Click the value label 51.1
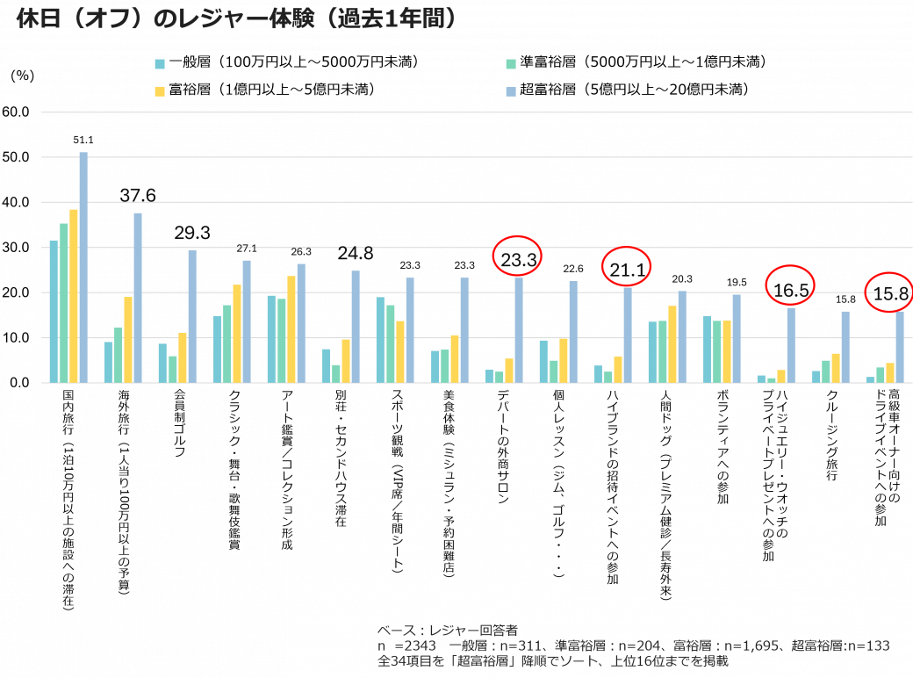[83, 140]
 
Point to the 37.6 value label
[138, 195]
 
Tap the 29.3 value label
[192, 234]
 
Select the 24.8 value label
[356, 255]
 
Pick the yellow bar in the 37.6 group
[128, 339]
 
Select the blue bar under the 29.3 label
[192, 316]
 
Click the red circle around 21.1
[627, 268]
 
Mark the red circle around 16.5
[790, 285]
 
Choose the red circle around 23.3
[518, 256]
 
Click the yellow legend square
[160, 91]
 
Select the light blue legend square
[511, 91]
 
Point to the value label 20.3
[682, 279]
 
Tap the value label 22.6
[573, 268]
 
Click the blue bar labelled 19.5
[737, 338]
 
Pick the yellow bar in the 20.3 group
[672, 343]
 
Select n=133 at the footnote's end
[869, 646]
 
